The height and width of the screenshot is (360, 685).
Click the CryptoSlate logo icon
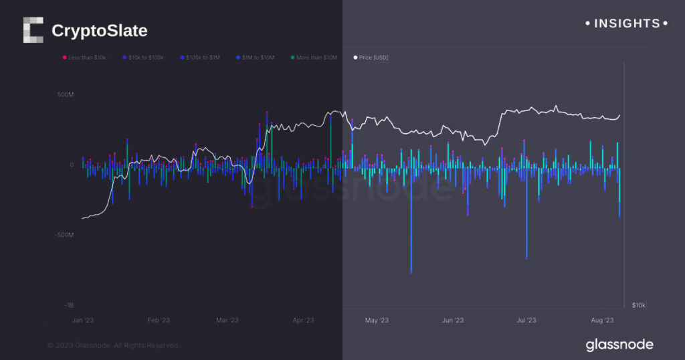click(x=33, y=30)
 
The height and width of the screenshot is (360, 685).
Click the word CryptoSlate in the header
click(x=99, y=31)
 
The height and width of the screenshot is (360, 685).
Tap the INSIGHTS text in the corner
click(x=626, y=23)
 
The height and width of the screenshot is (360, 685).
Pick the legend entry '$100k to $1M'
click(x=202, y=58)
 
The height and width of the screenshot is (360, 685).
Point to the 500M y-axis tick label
click(x=65, y=95)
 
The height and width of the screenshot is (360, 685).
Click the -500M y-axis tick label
click(x=64, y=235)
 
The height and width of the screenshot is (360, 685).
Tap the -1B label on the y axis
click(x=69, y=305)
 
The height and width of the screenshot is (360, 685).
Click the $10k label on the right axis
click(x=638, y=305)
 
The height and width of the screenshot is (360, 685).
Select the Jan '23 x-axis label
click(x=82, y=321)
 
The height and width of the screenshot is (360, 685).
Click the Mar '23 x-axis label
click(x=227, y=321)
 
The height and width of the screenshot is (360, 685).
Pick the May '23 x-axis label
click(x=377, y=321)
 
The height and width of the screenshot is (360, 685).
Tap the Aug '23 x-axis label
click(x=603, y=321)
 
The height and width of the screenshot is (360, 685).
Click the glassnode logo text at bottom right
click(x=619, y=345)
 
